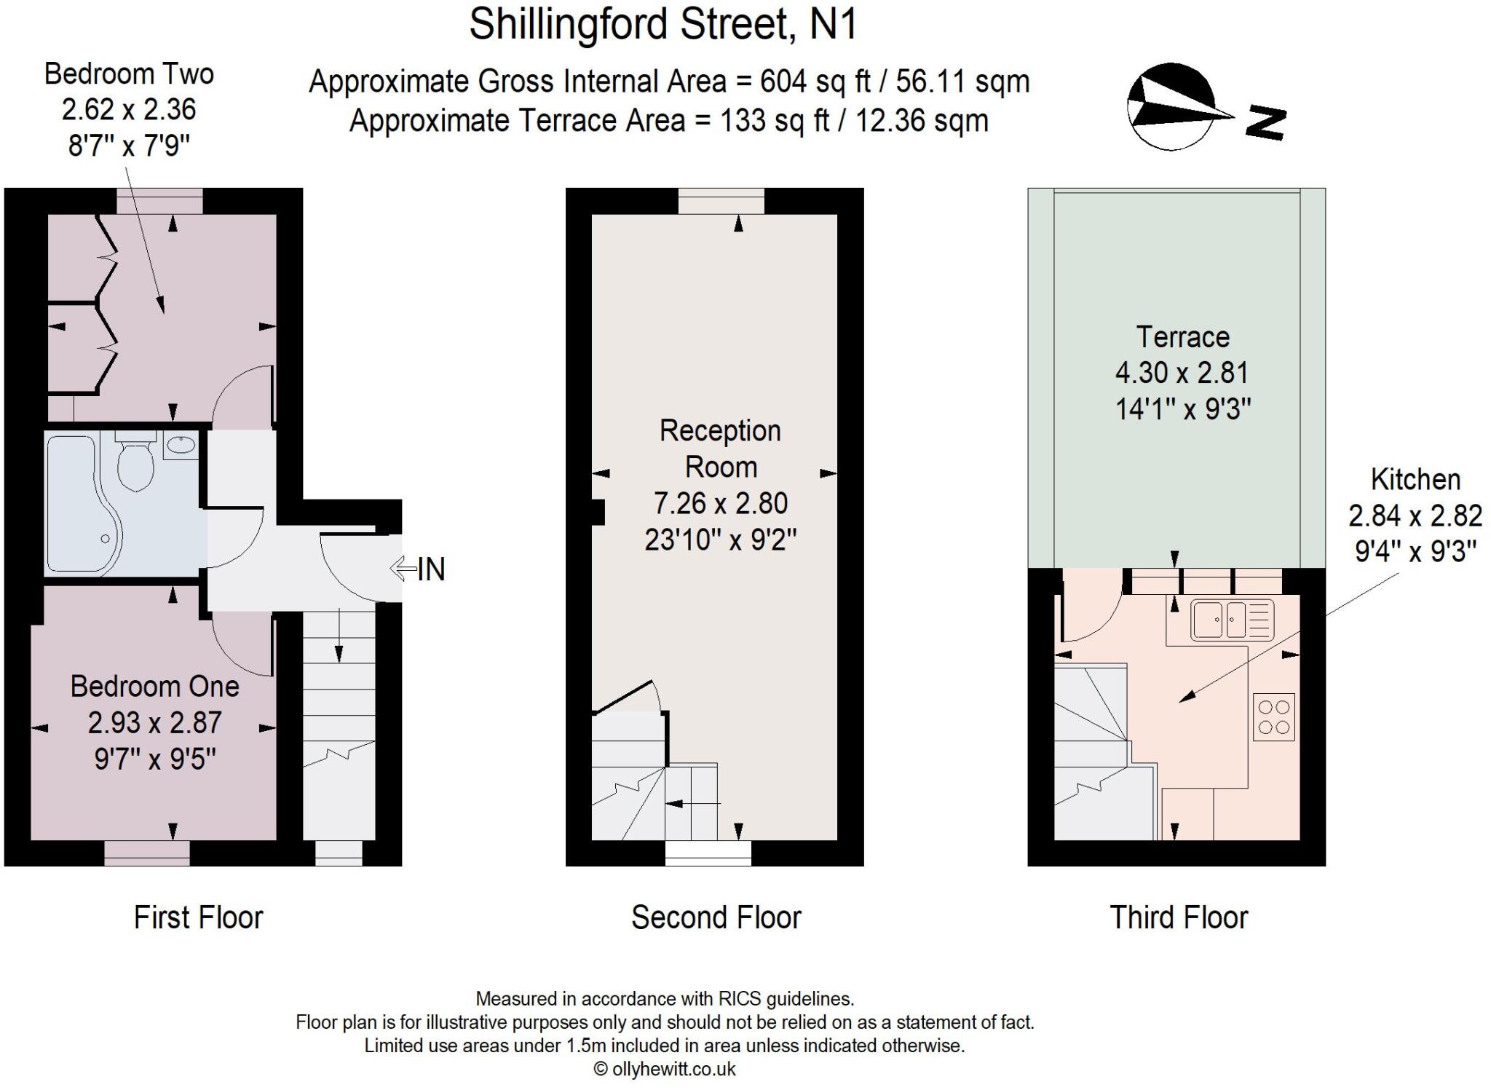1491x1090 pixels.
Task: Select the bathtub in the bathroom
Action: click(x=76, y=502)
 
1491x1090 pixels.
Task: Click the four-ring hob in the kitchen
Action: click(x=1273, y=716)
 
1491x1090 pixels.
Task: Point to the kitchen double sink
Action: click(x=1232, y=620)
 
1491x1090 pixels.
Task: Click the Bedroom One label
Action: click(x=154, y=686)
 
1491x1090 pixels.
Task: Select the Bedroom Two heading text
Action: click(x=129, y=74)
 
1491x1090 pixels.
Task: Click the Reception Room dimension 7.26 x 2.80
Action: click(x=720, y=503)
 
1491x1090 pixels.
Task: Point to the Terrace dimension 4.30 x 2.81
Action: click(x=1182, y=373)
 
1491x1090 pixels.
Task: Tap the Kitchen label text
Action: click(x=1415, y=479)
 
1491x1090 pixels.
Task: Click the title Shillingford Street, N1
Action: click(x=663, y=24)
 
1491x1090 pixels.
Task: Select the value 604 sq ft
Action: click(x=815, y=82)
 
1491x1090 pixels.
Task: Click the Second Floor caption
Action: click(x=716, y=917)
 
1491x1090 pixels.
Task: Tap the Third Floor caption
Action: click(x=1178, y=917)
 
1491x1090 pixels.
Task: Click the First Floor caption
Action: click(x=198, y=917)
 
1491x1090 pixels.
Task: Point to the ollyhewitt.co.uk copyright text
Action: click(x=665, y=1069)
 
